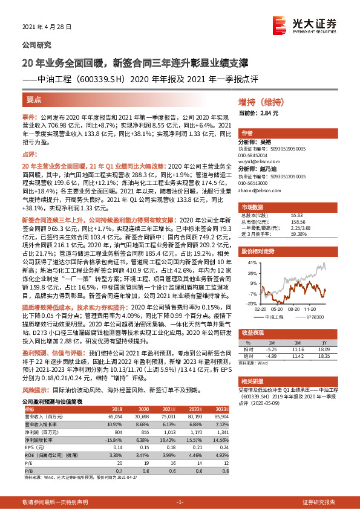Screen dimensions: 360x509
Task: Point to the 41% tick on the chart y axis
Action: pos(249,264)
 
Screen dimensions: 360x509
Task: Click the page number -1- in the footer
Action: pos(179,502)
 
